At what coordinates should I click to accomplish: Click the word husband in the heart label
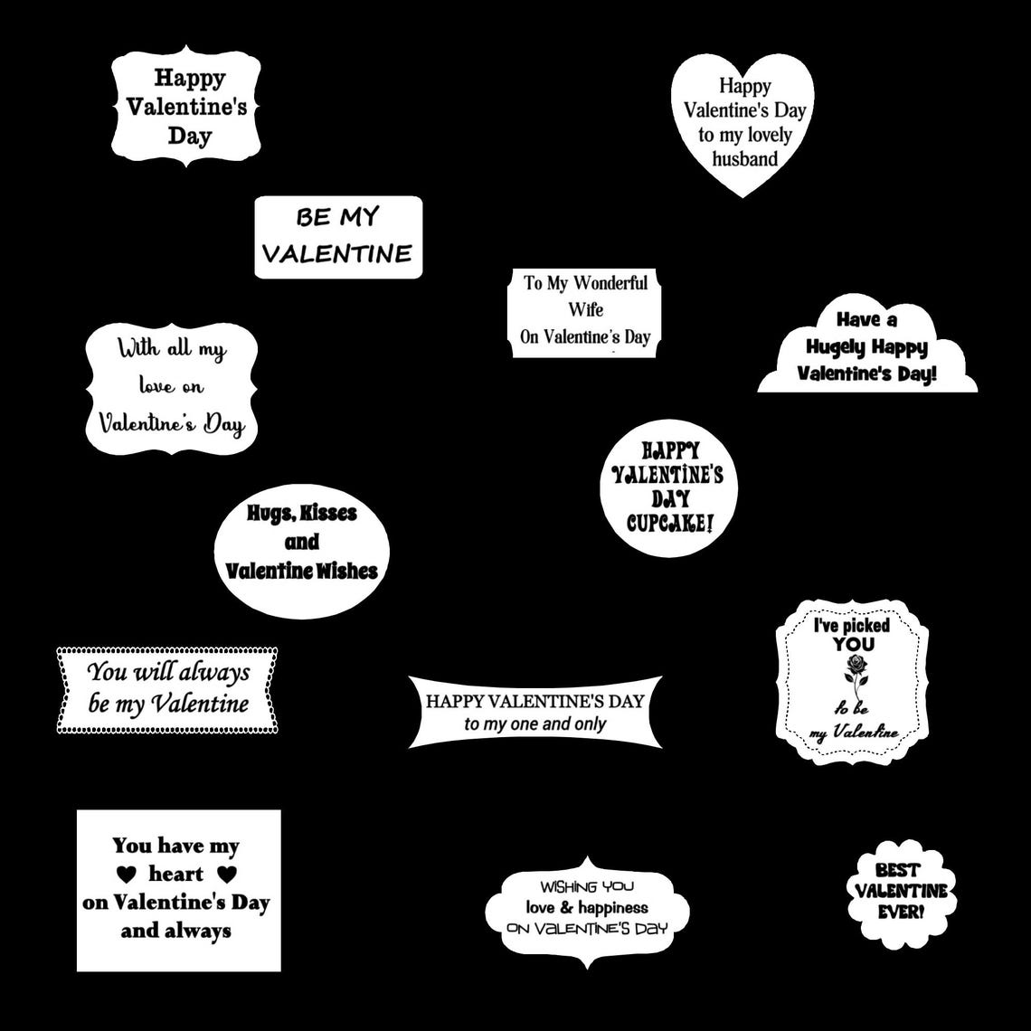click(744, 159)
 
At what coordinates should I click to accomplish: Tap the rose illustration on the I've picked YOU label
click(855, 671)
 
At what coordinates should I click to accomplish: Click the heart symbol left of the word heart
click(128, 875)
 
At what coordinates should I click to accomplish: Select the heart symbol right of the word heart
click(227, 875)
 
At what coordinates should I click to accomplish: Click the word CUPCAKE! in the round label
click(669, 523)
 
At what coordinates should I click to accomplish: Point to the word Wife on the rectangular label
click(585, 309)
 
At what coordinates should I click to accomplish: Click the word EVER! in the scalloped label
click(901, 912)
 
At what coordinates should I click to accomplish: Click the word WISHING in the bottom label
click(568, 887)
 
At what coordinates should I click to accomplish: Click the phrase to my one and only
click(534, 724)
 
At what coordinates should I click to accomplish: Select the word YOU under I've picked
click(854, 644)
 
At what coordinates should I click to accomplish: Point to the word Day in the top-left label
click(189, 137)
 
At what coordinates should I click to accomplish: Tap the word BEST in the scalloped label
click(897, 870)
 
